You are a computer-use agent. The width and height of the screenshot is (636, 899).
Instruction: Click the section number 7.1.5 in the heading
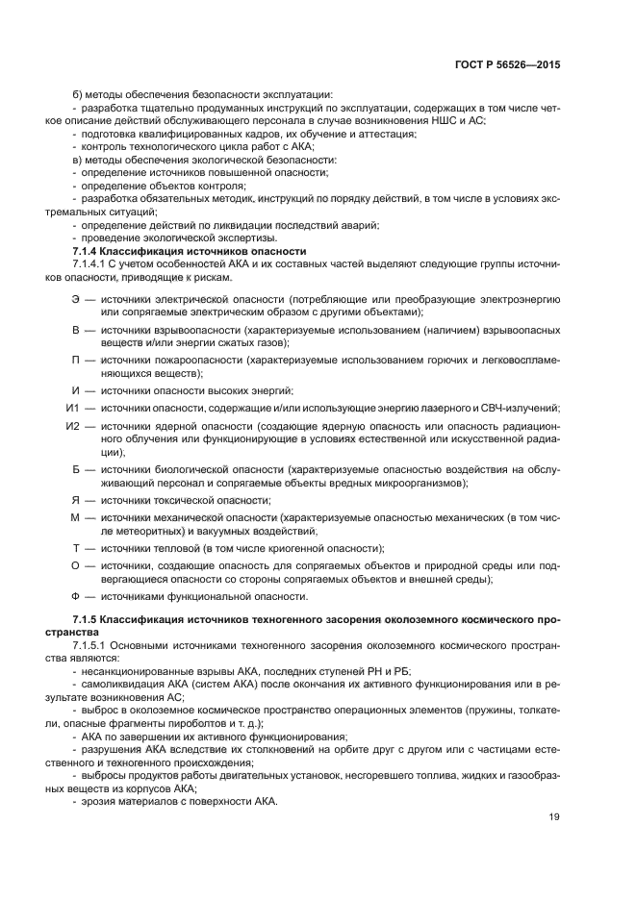(87, 617)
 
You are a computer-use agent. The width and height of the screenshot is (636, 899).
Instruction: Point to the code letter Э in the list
(76, 300)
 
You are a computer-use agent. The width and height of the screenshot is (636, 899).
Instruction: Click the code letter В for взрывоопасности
(76, 330)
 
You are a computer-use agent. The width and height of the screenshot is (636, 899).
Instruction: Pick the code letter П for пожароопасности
(76, 360)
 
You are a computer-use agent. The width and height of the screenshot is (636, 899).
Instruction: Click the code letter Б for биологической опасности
(76, 468)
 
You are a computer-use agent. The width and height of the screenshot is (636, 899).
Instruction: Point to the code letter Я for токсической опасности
(76, 499)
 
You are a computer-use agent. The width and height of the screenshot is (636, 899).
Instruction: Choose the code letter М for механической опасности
(76, 517)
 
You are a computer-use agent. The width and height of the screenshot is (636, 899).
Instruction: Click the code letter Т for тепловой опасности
(76, 547)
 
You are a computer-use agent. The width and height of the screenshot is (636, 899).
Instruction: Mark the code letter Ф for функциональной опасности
(76, 596)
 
